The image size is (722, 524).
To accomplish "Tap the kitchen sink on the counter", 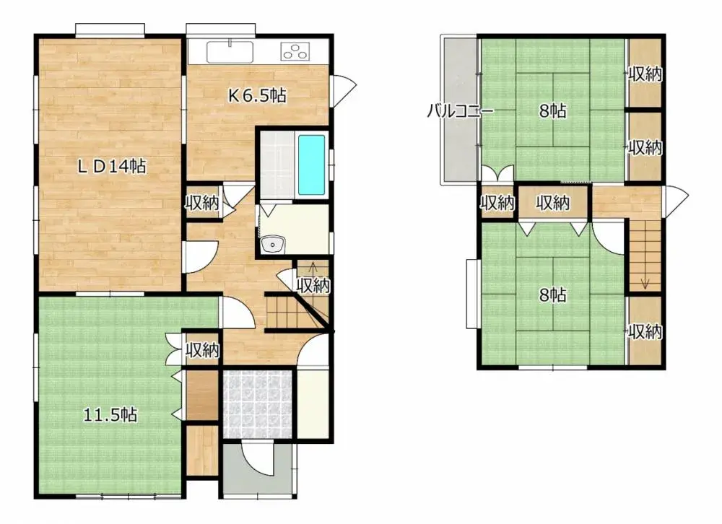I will pos(230,52).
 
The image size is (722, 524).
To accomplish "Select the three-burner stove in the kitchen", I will pos(295,51).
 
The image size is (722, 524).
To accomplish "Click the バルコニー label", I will pos(459,111).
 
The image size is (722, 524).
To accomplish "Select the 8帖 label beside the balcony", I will pos(552,111).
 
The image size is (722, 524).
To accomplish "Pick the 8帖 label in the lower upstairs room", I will pos(552,294).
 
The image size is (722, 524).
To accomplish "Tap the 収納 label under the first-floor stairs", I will pos(313,286).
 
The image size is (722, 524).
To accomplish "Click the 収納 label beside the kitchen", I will pos(201,203).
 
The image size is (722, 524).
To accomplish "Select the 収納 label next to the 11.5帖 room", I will pos(202,351).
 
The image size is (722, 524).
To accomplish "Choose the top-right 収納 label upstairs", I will pos(645,74).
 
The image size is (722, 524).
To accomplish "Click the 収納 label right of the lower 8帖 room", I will pos(645,332).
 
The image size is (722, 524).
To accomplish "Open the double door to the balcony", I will pos(497,174).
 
